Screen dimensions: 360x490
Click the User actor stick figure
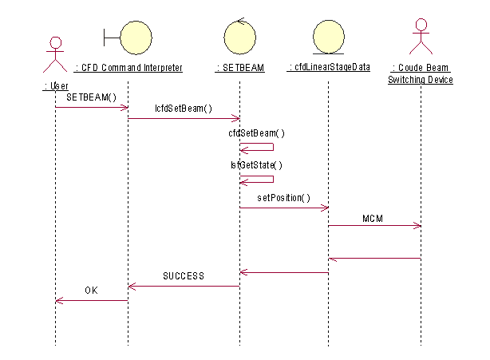pos(55,54)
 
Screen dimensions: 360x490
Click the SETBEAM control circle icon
pos(239,37)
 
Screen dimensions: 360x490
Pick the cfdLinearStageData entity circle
pos(328,37)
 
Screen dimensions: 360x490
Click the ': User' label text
pos(56,85)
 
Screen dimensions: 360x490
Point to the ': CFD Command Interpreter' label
pos(128,68)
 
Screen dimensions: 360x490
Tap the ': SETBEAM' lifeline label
pos(239,68)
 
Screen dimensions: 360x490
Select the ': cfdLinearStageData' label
pos(328,68)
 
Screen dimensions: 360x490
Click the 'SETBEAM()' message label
pos(97,97)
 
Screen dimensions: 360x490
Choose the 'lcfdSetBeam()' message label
pos(184,108)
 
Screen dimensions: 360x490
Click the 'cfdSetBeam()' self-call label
pos(256,133)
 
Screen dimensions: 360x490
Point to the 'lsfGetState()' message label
pos(256,164)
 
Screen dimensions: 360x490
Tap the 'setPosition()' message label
pos(283,196)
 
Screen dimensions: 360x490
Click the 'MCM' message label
pos(373,216)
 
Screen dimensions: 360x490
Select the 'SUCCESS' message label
pos(184,275)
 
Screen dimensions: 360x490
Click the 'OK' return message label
pos(92,291)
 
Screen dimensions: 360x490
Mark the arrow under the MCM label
pos(374,226)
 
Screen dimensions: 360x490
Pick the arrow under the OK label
pos(92,301)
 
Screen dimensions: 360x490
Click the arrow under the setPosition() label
pos(284,208)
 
